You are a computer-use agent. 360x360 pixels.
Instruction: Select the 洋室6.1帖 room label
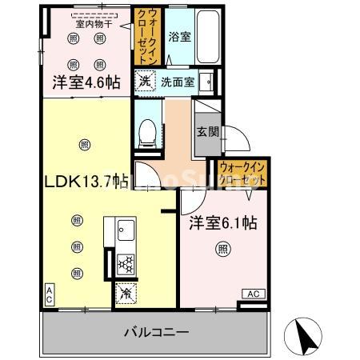223,225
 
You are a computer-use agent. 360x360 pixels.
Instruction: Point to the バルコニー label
156,331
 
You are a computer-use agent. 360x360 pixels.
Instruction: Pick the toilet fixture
148,131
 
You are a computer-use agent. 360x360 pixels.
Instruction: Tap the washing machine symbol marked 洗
143,80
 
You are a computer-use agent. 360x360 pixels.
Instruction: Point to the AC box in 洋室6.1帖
250,294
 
